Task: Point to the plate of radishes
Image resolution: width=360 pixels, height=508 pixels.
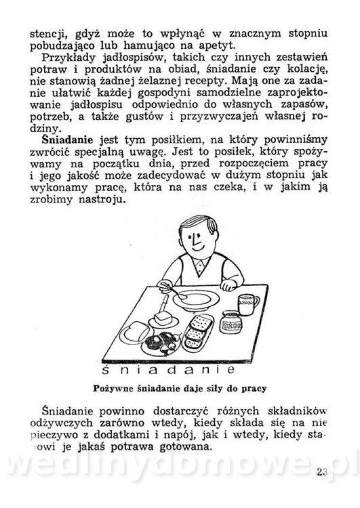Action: pyautogui.click(x=160, y=339)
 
